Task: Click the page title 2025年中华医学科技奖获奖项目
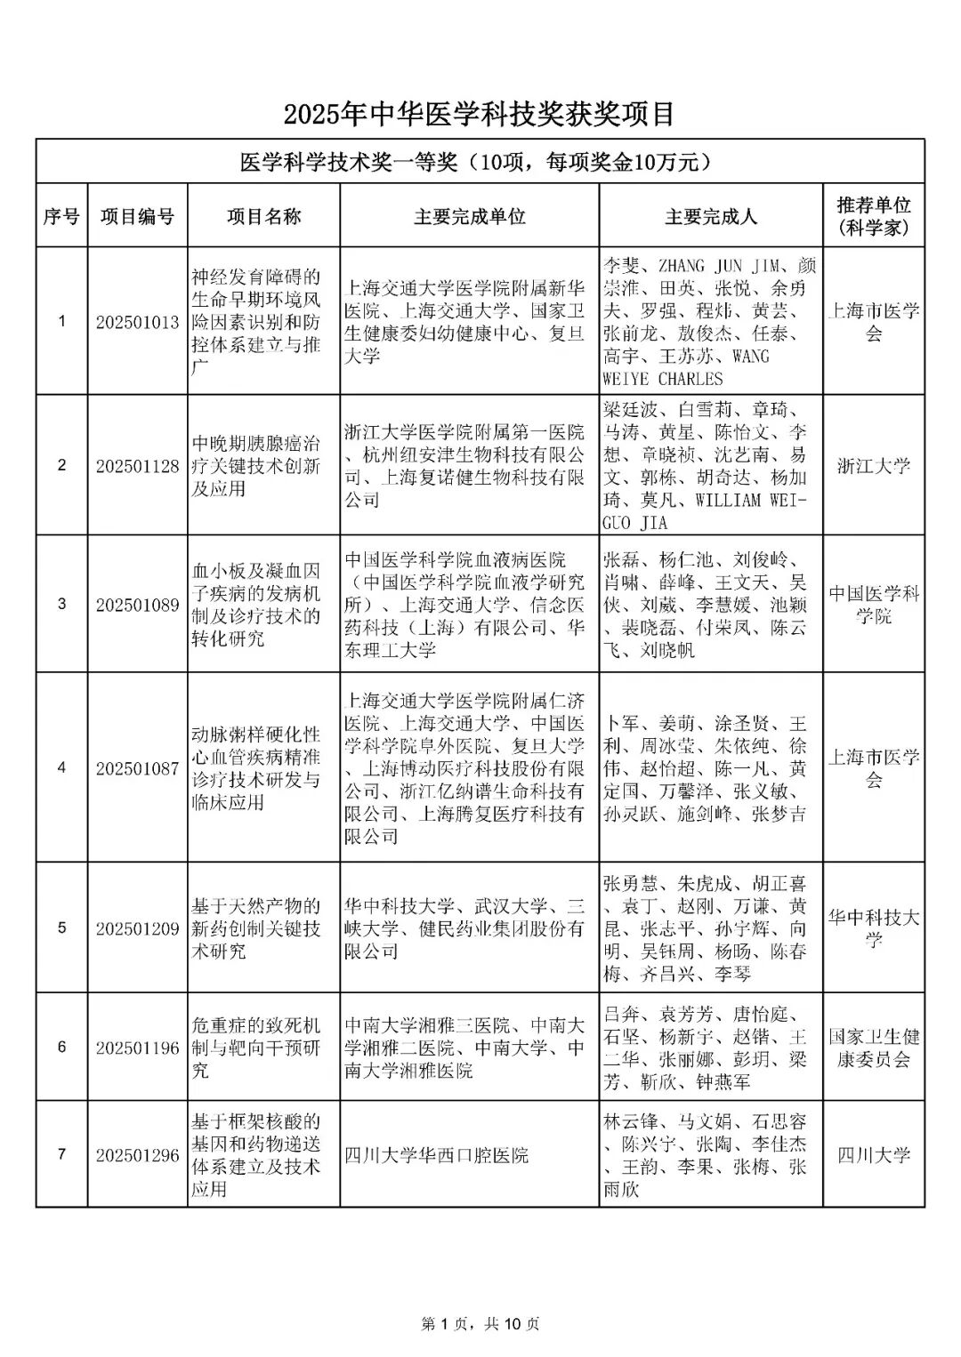pos(480,114)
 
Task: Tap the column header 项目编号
pos(137,216)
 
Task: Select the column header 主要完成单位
pos(469,216)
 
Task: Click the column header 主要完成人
pos(711,216)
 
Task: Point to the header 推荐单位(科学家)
pos(874,216)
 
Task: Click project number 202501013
pos(138,322)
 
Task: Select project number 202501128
pos(138,466)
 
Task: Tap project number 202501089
pos(138,605)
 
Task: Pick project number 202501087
pos(138,768)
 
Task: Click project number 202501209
pos(138,928)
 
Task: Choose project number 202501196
pos(138,1048)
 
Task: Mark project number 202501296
pos(138,1155)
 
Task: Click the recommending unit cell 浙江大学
pos(874,466)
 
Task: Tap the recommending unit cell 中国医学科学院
pos(874,605)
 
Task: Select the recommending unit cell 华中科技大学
pos(874,928)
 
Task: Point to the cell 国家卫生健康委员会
pos(874,1048)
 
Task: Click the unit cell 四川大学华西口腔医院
pos(437,1155)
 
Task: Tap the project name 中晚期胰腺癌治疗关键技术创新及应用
pos(256,466)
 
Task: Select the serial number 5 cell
pos(61,928)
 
